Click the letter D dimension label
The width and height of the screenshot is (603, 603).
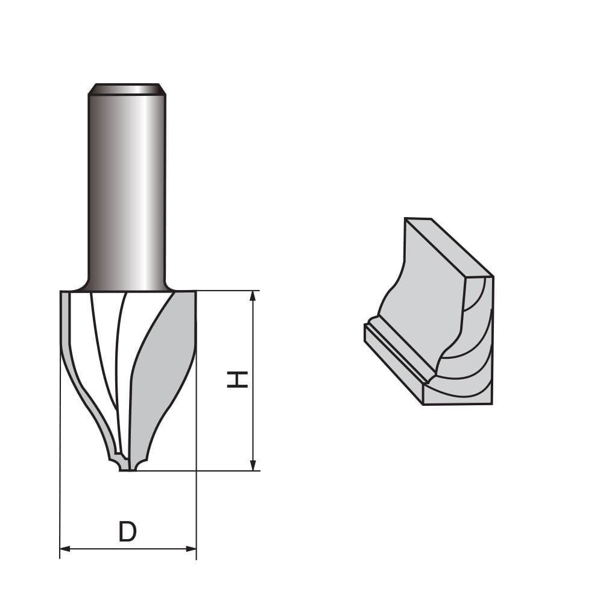point(127,532)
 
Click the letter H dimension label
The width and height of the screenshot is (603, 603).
point(238,379)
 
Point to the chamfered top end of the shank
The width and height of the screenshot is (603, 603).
point(127,89)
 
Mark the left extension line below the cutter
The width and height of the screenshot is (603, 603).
point(60,494)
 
